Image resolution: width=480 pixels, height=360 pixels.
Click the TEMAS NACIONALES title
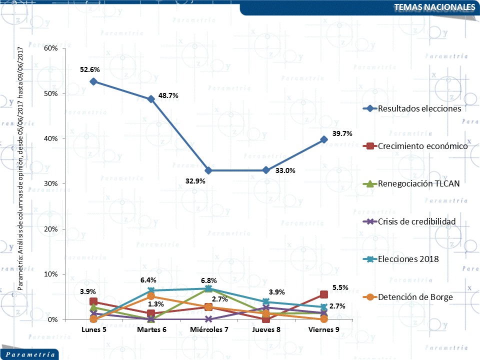tap(434, 7)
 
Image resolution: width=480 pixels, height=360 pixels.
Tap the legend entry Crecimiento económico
tap(422, 146)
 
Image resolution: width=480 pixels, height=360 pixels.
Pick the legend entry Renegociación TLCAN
tap(418, 183)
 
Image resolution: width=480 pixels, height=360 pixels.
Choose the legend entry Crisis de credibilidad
tap(416, 221)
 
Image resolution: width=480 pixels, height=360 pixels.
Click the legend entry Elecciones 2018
tap(408, 259)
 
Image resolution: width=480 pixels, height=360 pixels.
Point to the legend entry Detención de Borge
tap(415, 297)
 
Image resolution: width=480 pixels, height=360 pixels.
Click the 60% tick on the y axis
tap(52, 48)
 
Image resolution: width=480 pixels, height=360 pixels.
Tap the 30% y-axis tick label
tap(52, 183)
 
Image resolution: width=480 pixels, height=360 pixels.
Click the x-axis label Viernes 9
tap(323, 329)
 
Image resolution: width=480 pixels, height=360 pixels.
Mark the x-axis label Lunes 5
tap(93, 329)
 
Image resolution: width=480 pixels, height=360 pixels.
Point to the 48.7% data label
tap(168, 95)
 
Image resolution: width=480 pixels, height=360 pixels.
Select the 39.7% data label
tap(342, 133)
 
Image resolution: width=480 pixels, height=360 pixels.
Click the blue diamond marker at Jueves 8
tap(266, 170)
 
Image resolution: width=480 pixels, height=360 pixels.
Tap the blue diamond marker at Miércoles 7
tap(208, 170)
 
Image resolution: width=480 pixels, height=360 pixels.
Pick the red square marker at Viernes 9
tap(323, 294)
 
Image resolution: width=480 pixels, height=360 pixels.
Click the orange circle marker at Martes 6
tap(151, 296)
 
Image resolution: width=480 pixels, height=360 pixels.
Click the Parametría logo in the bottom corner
tap(30, 354)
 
